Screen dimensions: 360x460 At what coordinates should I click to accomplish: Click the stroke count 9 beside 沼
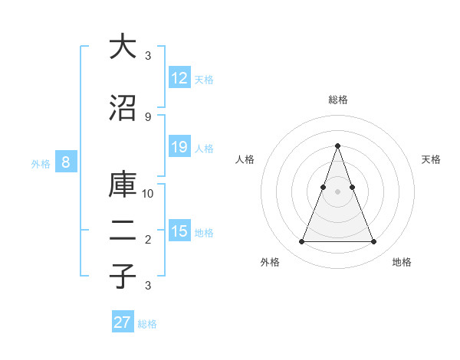[148, 116]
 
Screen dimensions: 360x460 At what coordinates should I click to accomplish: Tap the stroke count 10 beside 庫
[148, 194]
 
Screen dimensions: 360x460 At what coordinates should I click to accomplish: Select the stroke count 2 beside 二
[148, 240]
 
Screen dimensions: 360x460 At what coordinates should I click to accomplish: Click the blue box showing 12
[179, 78]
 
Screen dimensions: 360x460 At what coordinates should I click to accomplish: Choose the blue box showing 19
[179, 147]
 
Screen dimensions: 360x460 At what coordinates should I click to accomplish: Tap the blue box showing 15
[179, 231]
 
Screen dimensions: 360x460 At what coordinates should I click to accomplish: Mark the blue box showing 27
[123, 322]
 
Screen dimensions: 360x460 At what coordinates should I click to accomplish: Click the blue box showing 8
[66, 162]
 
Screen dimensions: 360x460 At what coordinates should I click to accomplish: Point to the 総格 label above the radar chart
[337, 100]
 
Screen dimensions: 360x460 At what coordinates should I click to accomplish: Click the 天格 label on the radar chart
[431, 159]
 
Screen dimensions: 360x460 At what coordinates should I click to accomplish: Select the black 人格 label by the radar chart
[245, 159]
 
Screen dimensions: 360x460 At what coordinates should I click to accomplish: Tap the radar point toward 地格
[373, 242]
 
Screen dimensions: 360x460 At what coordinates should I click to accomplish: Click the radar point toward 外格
[301, 242]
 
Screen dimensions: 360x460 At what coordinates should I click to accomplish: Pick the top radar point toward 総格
[337, 146]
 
